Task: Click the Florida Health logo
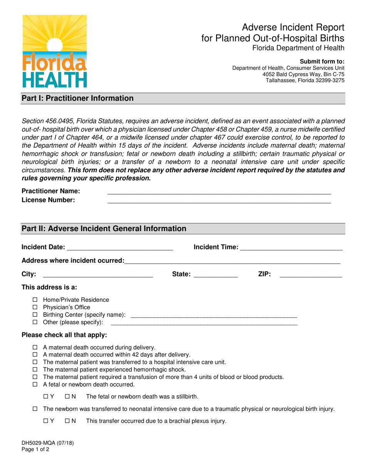54,51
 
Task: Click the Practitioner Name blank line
219,192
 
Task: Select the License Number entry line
219,200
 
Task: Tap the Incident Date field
120,248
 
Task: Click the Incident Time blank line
291,248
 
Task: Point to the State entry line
216,275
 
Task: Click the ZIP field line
311,275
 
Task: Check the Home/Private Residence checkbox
35,300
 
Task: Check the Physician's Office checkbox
35,307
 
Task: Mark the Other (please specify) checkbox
35,322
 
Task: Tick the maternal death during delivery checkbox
35,347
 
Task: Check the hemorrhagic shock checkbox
35,370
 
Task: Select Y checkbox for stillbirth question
46,397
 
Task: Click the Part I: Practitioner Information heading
77,98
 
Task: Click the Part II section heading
104,229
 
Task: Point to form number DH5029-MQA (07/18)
48,443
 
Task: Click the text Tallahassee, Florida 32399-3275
305,81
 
